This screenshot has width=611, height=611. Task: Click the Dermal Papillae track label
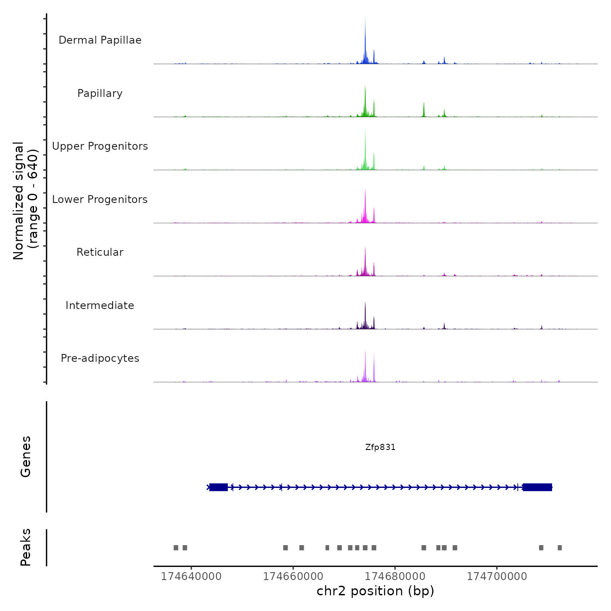point(100,40)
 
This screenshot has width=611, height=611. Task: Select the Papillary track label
point(100,93)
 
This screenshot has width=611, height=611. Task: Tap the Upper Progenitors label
point(100,146)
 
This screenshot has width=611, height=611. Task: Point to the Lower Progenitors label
point(100,199)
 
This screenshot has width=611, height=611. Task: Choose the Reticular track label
point(100,252)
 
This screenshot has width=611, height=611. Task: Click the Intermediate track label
point(100,305)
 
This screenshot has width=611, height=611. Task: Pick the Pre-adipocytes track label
point(100,358)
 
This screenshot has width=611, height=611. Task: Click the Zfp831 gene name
point(380,447)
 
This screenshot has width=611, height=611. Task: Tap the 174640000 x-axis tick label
point(191,577)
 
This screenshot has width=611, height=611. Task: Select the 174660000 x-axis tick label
point(293,577)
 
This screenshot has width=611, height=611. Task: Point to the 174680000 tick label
point(395,577)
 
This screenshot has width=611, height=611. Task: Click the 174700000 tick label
point(497,577)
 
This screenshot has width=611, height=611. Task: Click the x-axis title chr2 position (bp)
point(375,591)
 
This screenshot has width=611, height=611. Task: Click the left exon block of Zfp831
point(218,487)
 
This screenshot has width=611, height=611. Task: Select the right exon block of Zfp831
point(537,487)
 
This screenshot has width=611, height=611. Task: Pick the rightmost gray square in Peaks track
point(560,548)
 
